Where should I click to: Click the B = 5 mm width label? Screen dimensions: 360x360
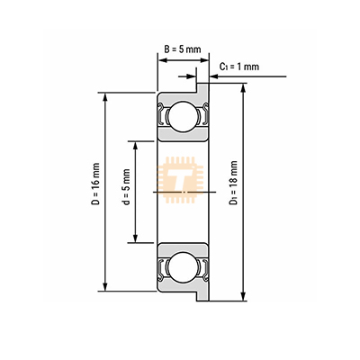[183, 49]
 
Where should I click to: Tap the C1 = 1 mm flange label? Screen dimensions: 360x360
[239, 67]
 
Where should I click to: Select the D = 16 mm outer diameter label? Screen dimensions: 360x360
[96, 184]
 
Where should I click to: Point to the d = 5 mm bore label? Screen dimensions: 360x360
[126, 187]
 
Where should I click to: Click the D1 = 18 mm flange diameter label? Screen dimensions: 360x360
[233, 183]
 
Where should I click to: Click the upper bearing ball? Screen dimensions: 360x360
[183, 116]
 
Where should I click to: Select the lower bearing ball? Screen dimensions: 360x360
[183, 266]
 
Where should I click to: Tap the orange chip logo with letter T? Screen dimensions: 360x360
[180, 180]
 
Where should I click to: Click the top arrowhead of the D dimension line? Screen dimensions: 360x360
[105, 96]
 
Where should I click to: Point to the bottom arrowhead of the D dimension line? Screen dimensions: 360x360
[105, 287]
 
